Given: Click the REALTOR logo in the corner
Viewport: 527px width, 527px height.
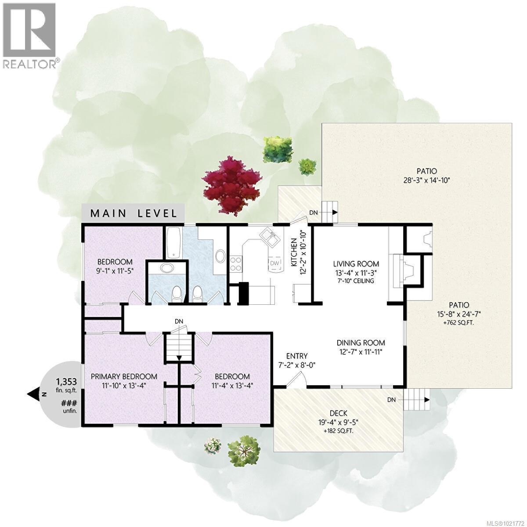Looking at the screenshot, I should coord(29,35).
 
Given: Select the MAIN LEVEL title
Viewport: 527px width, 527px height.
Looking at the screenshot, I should coord(134,213).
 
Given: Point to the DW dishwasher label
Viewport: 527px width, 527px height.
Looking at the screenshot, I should coord(274,263).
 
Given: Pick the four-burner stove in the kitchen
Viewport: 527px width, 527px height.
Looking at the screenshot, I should coord(235,263).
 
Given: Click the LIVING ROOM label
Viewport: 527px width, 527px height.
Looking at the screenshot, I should coord(356,264).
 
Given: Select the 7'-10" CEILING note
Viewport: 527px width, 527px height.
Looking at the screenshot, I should coord(356,281).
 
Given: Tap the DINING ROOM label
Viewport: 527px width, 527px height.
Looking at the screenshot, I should coord(361,343).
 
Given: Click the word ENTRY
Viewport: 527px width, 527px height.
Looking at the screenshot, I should coord(296,356).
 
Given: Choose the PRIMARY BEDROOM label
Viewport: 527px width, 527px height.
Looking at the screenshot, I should coord(124,376).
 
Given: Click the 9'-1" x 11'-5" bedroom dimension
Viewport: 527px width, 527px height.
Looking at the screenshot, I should coord(115,271).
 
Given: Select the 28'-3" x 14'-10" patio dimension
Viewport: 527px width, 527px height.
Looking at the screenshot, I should coord(422,180).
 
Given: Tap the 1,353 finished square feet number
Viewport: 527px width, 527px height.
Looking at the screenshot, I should coord(64,381).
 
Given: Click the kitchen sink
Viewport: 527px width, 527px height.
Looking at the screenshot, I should coord(268,238).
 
